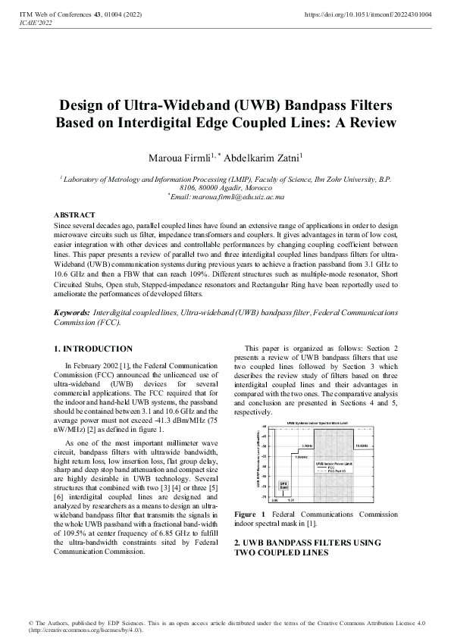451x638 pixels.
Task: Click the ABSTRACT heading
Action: (75, 216)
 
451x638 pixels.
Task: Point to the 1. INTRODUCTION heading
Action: (93, 349)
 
